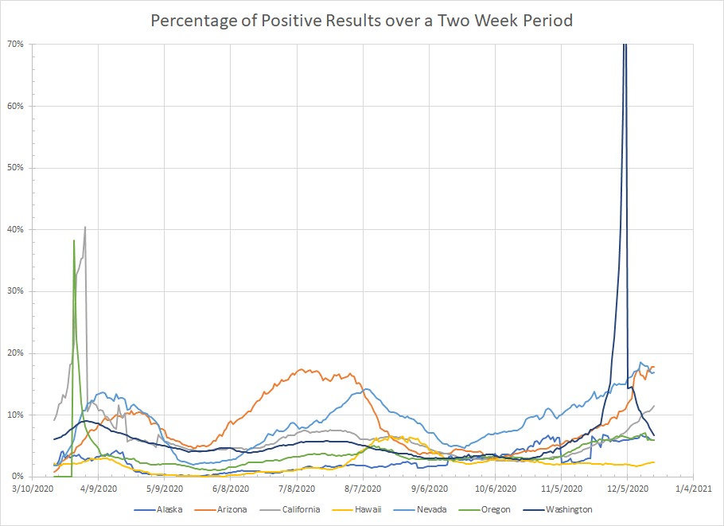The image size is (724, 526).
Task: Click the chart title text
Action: point(362,20)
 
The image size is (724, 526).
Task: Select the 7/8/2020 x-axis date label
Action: point(296,488)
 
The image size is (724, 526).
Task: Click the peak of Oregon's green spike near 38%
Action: point(74,240)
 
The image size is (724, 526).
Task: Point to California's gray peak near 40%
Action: point(85,227)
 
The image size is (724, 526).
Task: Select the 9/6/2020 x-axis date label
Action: point(428,488)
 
